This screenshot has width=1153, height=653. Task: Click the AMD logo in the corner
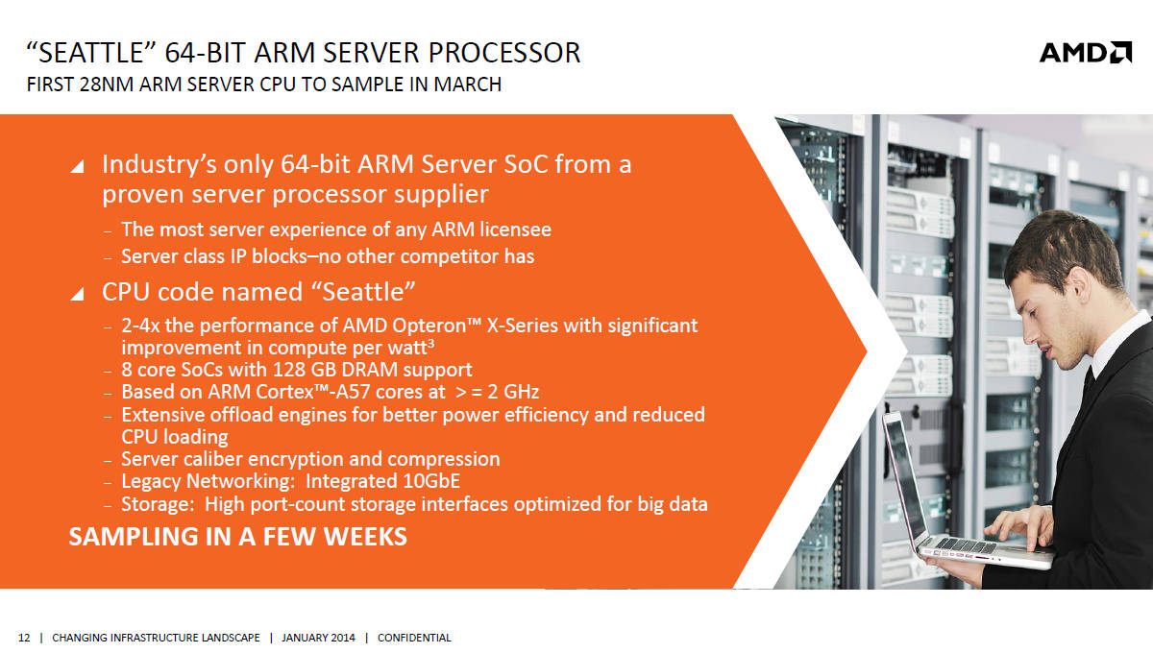point(1086,53)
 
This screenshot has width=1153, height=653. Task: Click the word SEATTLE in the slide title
point(90,53)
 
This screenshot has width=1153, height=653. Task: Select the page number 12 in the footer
point(24,638)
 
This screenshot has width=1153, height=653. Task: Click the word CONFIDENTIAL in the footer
point(414,638)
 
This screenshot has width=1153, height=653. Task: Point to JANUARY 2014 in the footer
point(318,638)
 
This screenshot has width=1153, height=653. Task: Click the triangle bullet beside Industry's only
point(77,166)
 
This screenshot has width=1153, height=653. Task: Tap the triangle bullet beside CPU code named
point(77,293)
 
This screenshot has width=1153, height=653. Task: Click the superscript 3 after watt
point(430,342)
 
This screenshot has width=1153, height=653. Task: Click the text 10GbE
point(431,481)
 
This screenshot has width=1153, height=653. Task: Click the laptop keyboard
point(964,544)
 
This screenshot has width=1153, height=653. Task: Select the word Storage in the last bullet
point(155,504)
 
